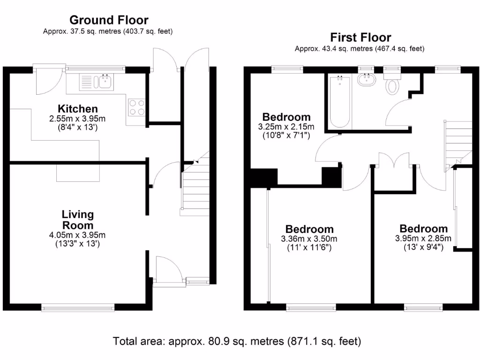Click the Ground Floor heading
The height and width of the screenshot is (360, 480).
coord(109,20)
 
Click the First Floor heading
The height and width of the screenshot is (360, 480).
coord(360,37)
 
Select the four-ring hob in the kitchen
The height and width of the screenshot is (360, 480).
coord(136,107)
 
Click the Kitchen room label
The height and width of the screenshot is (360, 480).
coord(78,109)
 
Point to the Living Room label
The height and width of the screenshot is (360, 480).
coord(78,220)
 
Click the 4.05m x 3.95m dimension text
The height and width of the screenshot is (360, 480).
coord(78,235)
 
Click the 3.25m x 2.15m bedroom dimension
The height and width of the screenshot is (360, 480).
coord(286,127)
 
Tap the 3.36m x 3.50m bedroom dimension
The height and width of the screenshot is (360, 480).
coord(309,240)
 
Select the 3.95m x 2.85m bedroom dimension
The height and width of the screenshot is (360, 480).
coord(423,239)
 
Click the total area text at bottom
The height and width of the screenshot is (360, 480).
coord(237,341)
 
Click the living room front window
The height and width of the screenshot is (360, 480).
coord(78,308)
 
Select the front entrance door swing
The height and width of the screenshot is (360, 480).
coord(169,270)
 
